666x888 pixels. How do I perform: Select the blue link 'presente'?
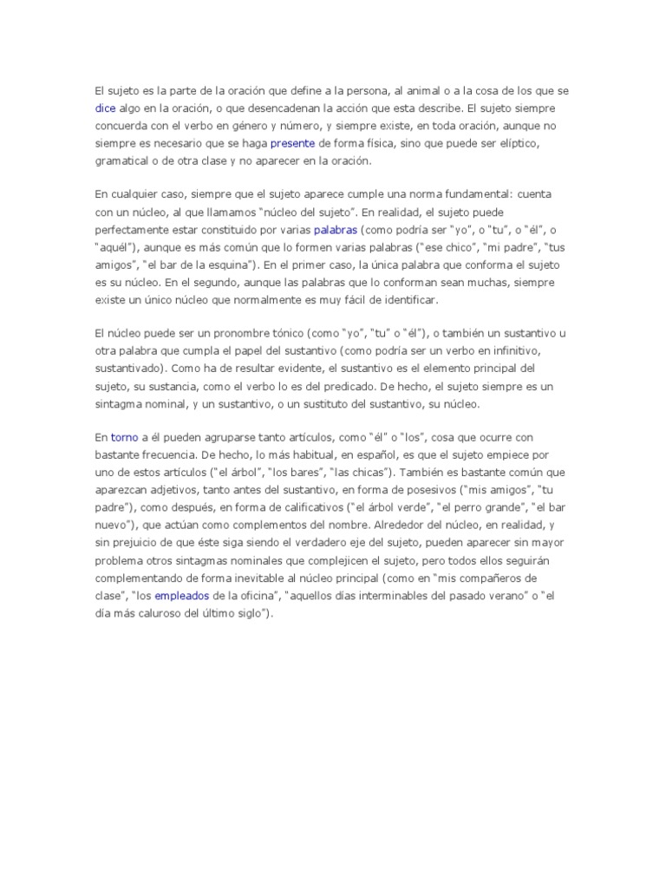click(292, 143)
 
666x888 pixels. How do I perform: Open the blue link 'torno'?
click(125, 438)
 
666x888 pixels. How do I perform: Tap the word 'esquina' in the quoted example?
click(224, 264)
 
